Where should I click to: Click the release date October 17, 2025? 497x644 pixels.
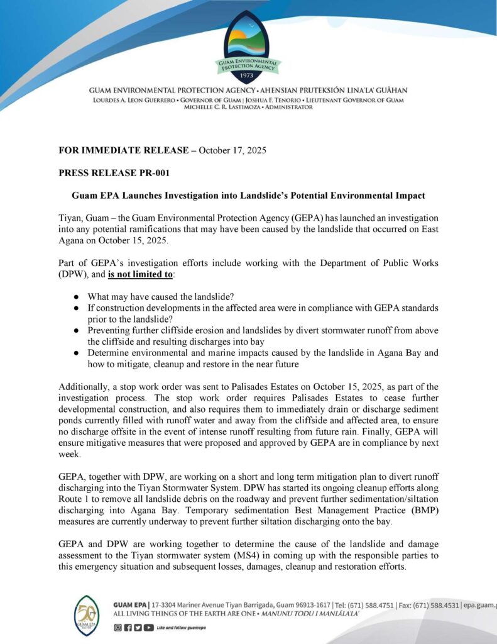(231, 150)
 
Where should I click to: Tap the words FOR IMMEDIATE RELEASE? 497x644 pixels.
(123, 150)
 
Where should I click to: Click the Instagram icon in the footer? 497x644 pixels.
(117, 628)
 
